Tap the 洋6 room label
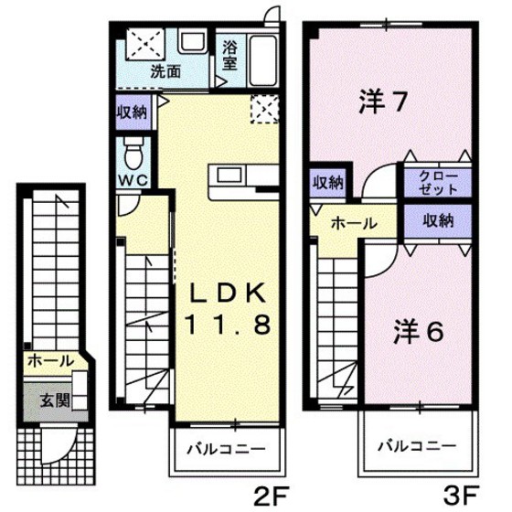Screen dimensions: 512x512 coord(419,330)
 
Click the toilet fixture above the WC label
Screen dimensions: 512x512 coord(132,149)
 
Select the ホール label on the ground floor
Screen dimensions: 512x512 coord(48,362)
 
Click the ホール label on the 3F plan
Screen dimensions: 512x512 coord(350,222)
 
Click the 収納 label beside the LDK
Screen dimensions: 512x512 coord(132,112)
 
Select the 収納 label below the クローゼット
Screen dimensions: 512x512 coord(438,220)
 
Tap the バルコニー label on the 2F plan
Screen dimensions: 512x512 coord(226,450)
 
